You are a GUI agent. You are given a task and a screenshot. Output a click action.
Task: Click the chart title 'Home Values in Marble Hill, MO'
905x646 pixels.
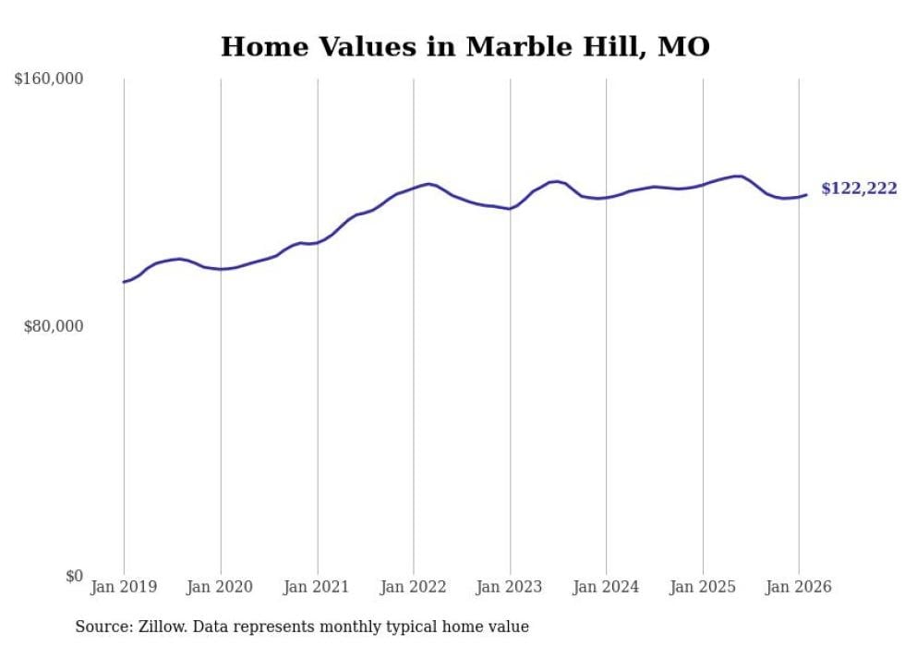click(465, 46)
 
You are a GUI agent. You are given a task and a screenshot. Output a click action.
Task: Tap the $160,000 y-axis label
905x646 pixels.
click(49, 79)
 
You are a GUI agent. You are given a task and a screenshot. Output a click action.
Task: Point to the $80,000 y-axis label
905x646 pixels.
click(54, 326)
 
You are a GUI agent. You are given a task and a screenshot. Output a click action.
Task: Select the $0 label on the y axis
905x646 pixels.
click(74, 576)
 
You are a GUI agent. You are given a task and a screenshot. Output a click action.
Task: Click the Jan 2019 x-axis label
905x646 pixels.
click(124, 587)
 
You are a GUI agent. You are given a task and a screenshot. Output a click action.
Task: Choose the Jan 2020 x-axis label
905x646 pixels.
click(220, 587)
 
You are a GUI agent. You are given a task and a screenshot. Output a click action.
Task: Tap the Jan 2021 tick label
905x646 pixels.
click(317, 587)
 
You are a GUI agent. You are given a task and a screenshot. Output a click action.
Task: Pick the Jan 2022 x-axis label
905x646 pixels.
click(413, 587)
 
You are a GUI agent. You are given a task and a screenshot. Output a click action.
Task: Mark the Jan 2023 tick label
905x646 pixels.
click(510, 587)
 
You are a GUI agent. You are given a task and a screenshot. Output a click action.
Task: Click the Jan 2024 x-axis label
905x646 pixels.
click(606, 587)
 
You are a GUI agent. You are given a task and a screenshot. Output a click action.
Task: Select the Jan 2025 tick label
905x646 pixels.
click(703, 587)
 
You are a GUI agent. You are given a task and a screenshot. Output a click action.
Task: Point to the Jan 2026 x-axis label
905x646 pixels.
click(799, 587)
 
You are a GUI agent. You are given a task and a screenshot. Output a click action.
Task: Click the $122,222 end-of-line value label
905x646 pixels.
click(859, 189)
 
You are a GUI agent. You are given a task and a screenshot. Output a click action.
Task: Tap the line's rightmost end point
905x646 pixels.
click(806, 194)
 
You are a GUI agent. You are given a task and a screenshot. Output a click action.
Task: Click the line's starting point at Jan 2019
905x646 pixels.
click(124, 282)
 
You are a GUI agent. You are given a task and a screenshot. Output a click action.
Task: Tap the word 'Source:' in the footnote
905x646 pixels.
click(103, 627)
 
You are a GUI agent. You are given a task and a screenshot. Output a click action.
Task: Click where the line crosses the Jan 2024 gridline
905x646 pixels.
click(607, 198)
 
